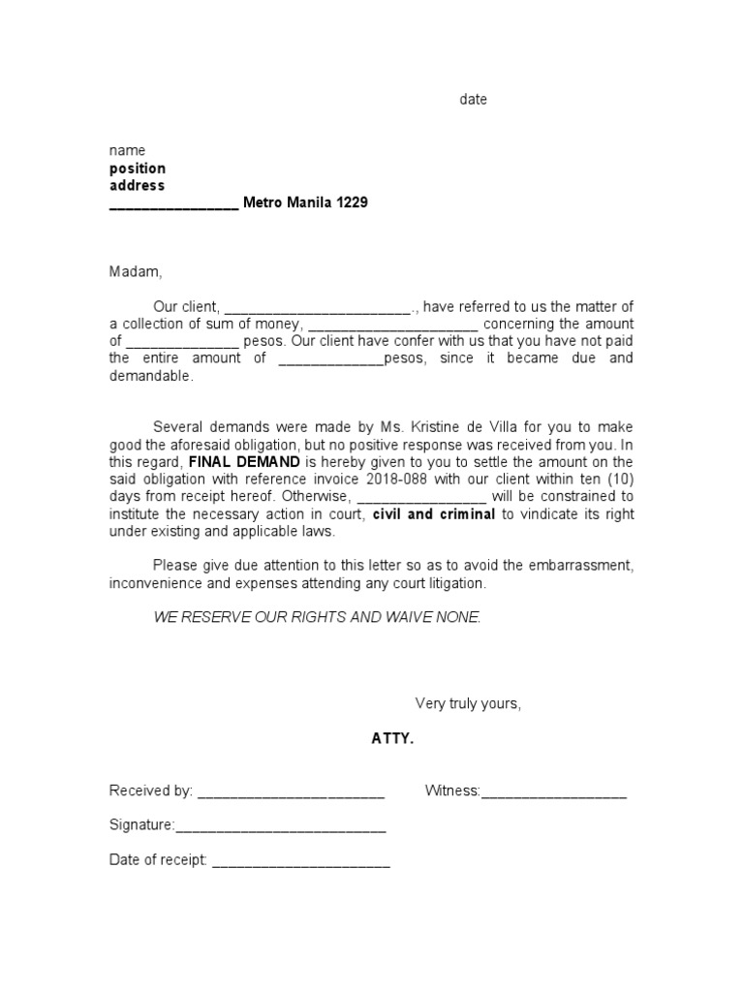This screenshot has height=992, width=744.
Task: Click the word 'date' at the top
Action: (473, 100)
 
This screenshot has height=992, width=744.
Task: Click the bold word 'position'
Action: (137, 169)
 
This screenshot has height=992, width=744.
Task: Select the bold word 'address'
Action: (137, 185)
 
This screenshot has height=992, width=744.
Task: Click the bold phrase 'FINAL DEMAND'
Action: (244, 462)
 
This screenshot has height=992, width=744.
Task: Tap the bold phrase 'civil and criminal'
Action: (434, 514)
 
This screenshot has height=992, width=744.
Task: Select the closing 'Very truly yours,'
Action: (468, 703)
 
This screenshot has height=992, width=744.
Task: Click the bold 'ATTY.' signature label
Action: (392, 739)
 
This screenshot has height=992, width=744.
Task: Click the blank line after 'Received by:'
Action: (291, 791)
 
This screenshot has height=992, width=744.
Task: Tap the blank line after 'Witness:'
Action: (553, 791)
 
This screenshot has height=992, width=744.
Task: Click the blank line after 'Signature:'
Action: (280, 826)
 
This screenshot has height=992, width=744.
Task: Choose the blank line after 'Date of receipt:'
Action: (300, 861)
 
